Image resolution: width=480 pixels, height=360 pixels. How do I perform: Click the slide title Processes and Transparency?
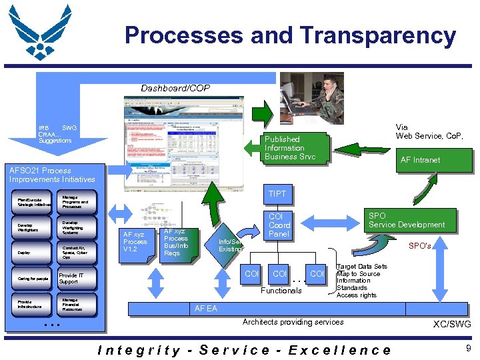point(290,35)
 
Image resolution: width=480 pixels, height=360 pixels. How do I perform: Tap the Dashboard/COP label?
point(175,88)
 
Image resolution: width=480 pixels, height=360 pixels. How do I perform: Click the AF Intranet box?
point(419,160)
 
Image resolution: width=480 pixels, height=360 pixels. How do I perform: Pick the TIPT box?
point(277,194)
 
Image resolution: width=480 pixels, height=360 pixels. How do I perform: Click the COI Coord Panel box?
point(279,225)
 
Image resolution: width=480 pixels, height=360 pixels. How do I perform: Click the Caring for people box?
point(33,279)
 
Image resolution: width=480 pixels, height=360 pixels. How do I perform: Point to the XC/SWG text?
point(451,324)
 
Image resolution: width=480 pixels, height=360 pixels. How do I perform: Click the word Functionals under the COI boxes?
point(281,291)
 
